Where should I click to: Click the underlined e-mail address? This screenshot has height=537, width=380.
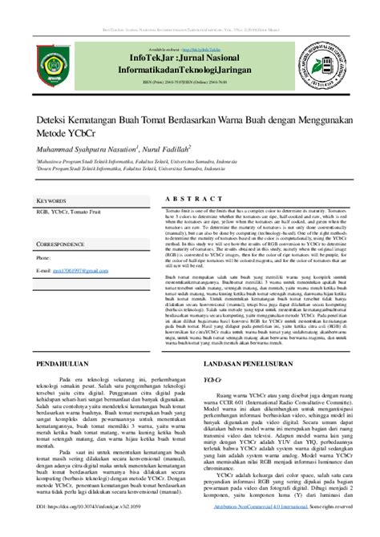[77, 272]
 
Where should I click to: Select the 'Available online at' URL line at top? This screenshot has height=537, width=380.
[190, 38]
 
